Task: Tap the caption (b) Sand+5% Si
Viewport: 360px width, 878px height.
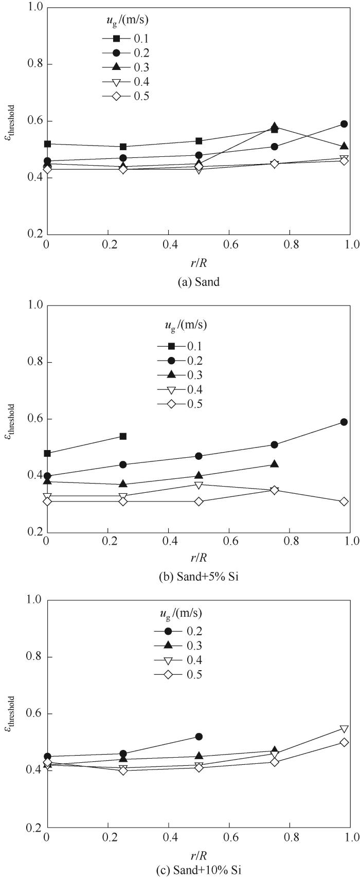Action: (x=199, y=577)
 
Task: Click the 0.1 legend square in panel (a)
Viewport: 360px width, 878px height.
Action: (x=116, y=39)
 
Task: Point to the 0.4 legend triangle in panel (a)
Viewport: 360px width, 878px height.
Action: (x=116, y=82)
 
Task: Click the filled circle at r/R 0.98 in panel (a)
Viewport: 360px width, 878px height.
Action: (x=344, y=124)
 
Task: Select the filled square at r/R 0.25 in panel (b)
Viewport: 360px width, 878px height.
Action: (x=123, y=436)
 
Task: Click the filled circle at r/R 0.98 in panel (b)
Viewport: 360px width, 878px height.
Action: (x=344, y=422)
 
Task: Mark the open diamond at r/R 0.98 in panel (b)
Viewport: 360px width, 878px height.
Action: (x=344, y=501)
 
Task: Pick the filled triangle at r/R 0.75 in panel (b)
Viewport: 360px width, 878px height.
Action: (x=275, y=464)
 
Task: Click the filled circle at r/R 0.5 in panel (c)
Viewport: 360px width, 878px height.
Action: (x=199, y=737)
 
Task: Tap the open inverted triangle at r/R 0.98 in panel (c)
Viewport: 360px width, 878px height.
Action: (x=344, y=729)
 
